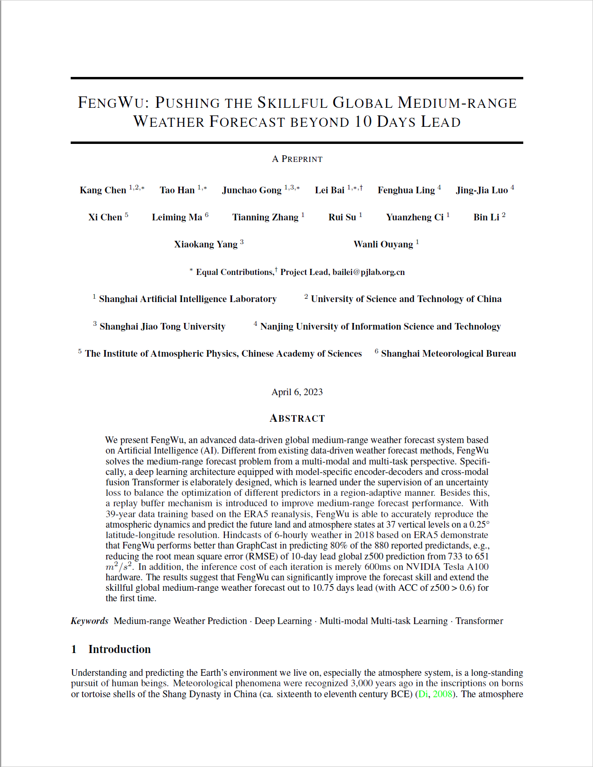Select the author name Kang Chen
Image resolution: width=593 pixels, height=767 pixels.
click(103, 190)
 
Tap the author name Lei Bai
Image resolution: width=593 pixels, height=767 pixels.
click(330, 190)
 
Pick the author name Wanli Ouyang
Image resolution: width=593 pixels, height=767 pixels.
click(383, 245)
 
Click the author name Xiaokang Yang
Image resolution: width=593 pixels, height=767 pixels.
click(206, 245)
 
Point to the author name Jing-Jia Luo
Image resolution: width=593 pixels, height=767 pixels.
click(482, 190)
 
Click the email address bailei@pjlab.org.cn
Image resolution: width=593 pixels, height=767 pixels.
click(369, 272)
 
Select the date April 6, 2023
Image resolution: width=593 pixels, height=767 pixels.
click(297, 392)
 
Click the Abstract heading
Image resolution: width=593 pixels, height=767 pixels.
click(297, 418)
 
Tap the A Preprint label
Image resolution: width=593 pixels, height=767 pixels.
click(297, 159)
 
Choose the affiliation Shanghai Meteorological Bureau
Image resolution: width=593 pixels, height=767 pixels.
click(448, 354)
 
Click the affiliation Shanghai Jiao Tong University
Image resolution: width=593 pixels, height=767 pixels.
click(162, 327)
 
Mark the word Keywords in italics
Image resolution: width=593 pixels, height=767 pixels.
click(90, 621)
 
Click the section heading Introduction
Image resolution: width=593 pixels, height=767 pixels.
click(120, 649)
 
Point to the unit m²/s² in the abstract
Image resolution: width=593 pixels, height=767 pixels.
click(120, 567)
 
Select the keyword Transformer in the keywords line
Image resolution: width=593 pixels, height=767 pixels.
click(479, 621)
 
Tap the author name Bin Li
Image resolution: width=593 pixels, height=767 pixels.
click(486, 218)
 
